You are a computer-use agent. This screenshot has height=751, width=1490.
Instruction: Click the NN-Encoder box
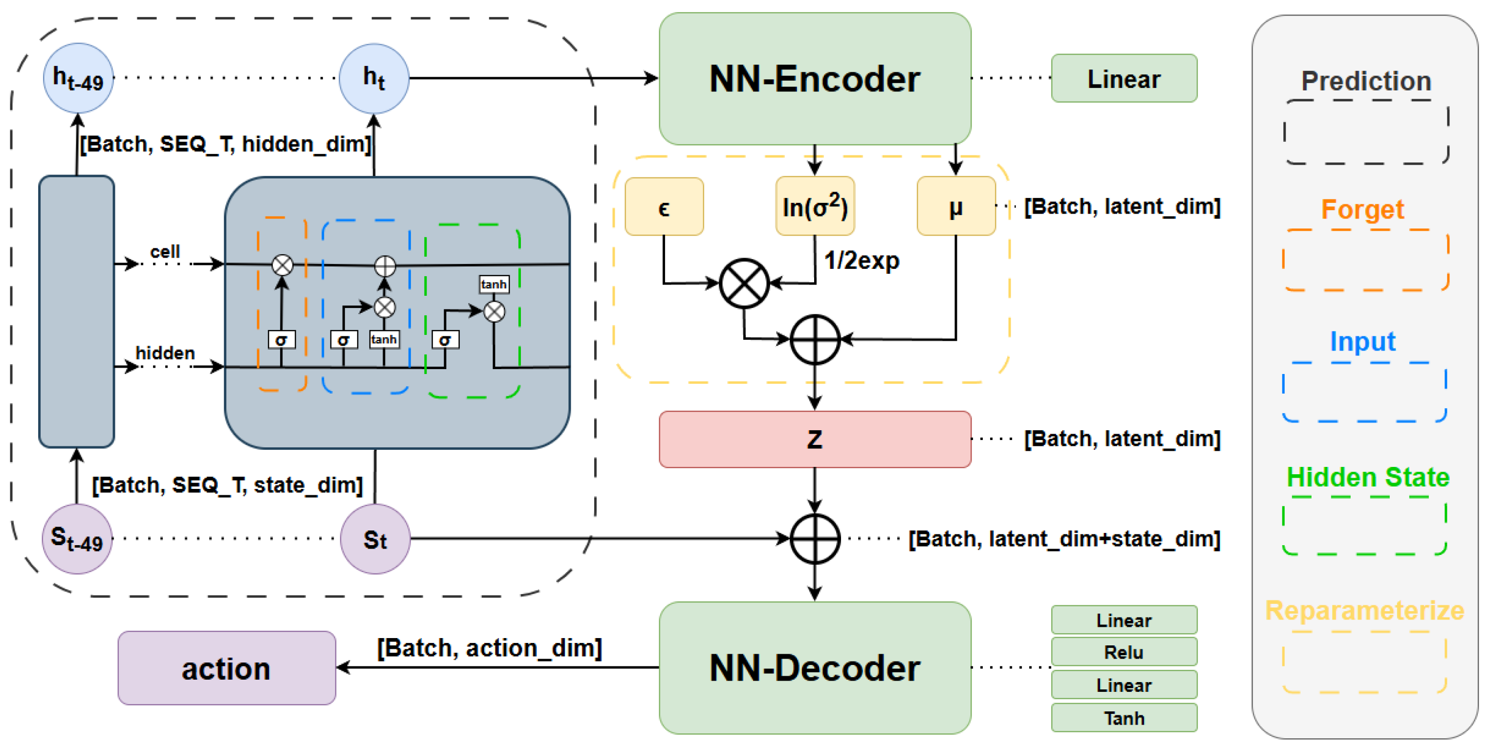pos(815,79)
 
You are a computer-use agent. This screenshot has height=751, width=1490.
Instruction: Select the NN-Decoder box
pos(815,668)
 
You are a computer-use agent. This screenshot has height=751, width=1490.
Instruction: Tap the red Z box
pos(815,439)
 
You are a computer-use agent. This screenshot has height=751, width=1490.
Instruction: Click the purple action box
pos(226,668)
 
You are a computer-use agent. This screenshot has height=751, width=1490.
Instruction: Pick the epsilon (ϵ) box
pos(664,206)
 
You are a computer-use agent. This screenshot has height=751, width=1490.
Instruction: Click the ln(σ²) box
pos(815,206)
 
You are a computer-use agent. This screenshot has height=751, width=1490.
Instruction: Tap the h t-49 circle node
pos(78,78)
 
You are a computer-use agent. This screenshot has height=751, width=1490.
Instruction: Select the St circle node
pos(375,539)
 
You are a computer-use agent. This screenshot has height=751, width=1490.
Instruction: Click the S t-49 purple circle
pos(77,539)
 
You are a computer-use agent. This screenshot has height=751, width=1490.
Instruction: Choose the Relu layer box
pos(1124,652)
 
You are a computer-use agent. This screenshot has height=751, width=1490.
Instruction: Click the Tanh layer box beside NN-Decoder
pos(1124,718)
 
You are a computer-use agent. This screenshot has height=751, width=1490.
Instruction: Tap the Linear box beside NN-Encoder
pos(1124,79)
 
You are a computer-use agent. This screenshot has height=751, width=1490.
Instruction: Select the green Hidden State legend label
pos(1367,478)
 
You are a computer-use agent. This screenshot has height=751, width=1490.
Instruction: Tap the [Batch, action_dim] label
pos(489,648)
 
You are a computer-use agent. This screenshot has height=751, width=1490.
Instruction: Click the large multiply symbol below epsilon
pos(744,284)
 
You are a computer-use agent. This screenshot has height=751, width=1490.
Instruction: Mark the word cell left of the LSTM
pos(165,252)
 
